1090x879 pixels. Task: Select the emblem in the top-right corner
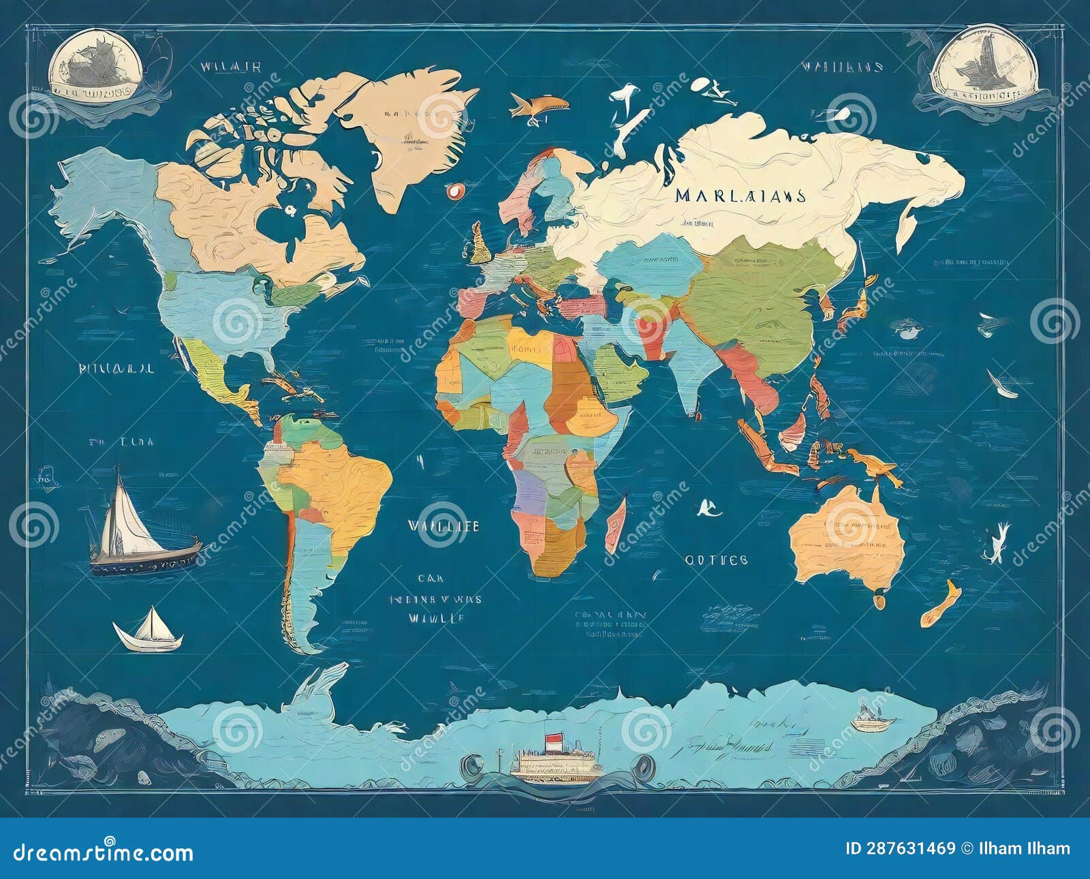[x=984, y=68]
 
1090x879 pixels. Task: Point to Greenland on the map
[x=409, y=129]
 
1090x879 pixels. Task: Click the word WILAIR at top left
[x=230, y=67]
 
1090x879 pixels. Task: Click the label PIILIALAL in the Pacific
[x=116, y=369]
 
